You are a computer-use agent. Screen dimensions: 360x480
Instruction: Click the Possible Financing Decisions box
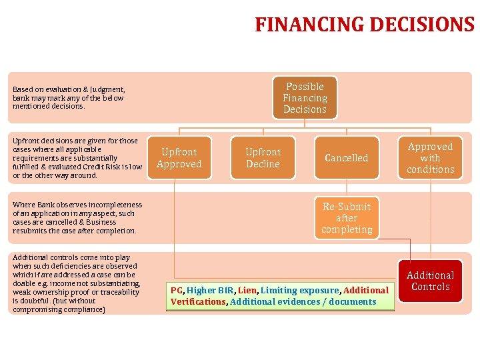coord(305,98)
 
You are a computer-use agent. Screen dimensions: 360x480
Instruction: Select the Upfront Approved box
coord(179,158)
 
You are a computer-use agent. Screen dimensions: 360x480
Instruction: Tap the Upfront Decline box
coord(263,158)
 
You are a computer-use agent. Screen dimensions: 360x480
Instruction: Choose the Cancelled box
coord(346,158)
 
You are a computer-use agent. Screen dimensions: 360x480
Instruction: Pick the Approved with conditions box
coord(430,158)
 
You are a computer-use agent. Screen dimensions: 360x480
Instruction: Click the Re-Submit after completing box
coord(346,218)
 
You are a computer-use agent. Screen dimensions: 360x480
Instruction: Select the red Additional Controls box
coord(430,281)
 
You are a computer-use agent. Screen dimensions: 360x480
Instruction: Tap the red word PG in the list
coord(176,290)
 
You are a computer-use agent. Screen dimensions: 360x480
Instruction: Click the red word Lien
coord(247,290)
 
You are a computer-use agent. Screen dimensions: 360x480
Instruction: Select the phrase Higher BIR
coord(210,290)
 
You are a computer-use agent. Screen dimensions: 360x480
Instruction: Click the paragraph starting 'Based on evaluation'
coord(69,97)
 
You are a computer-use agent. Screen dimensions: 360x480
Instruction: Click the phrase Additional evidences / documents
coord(303,302)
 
